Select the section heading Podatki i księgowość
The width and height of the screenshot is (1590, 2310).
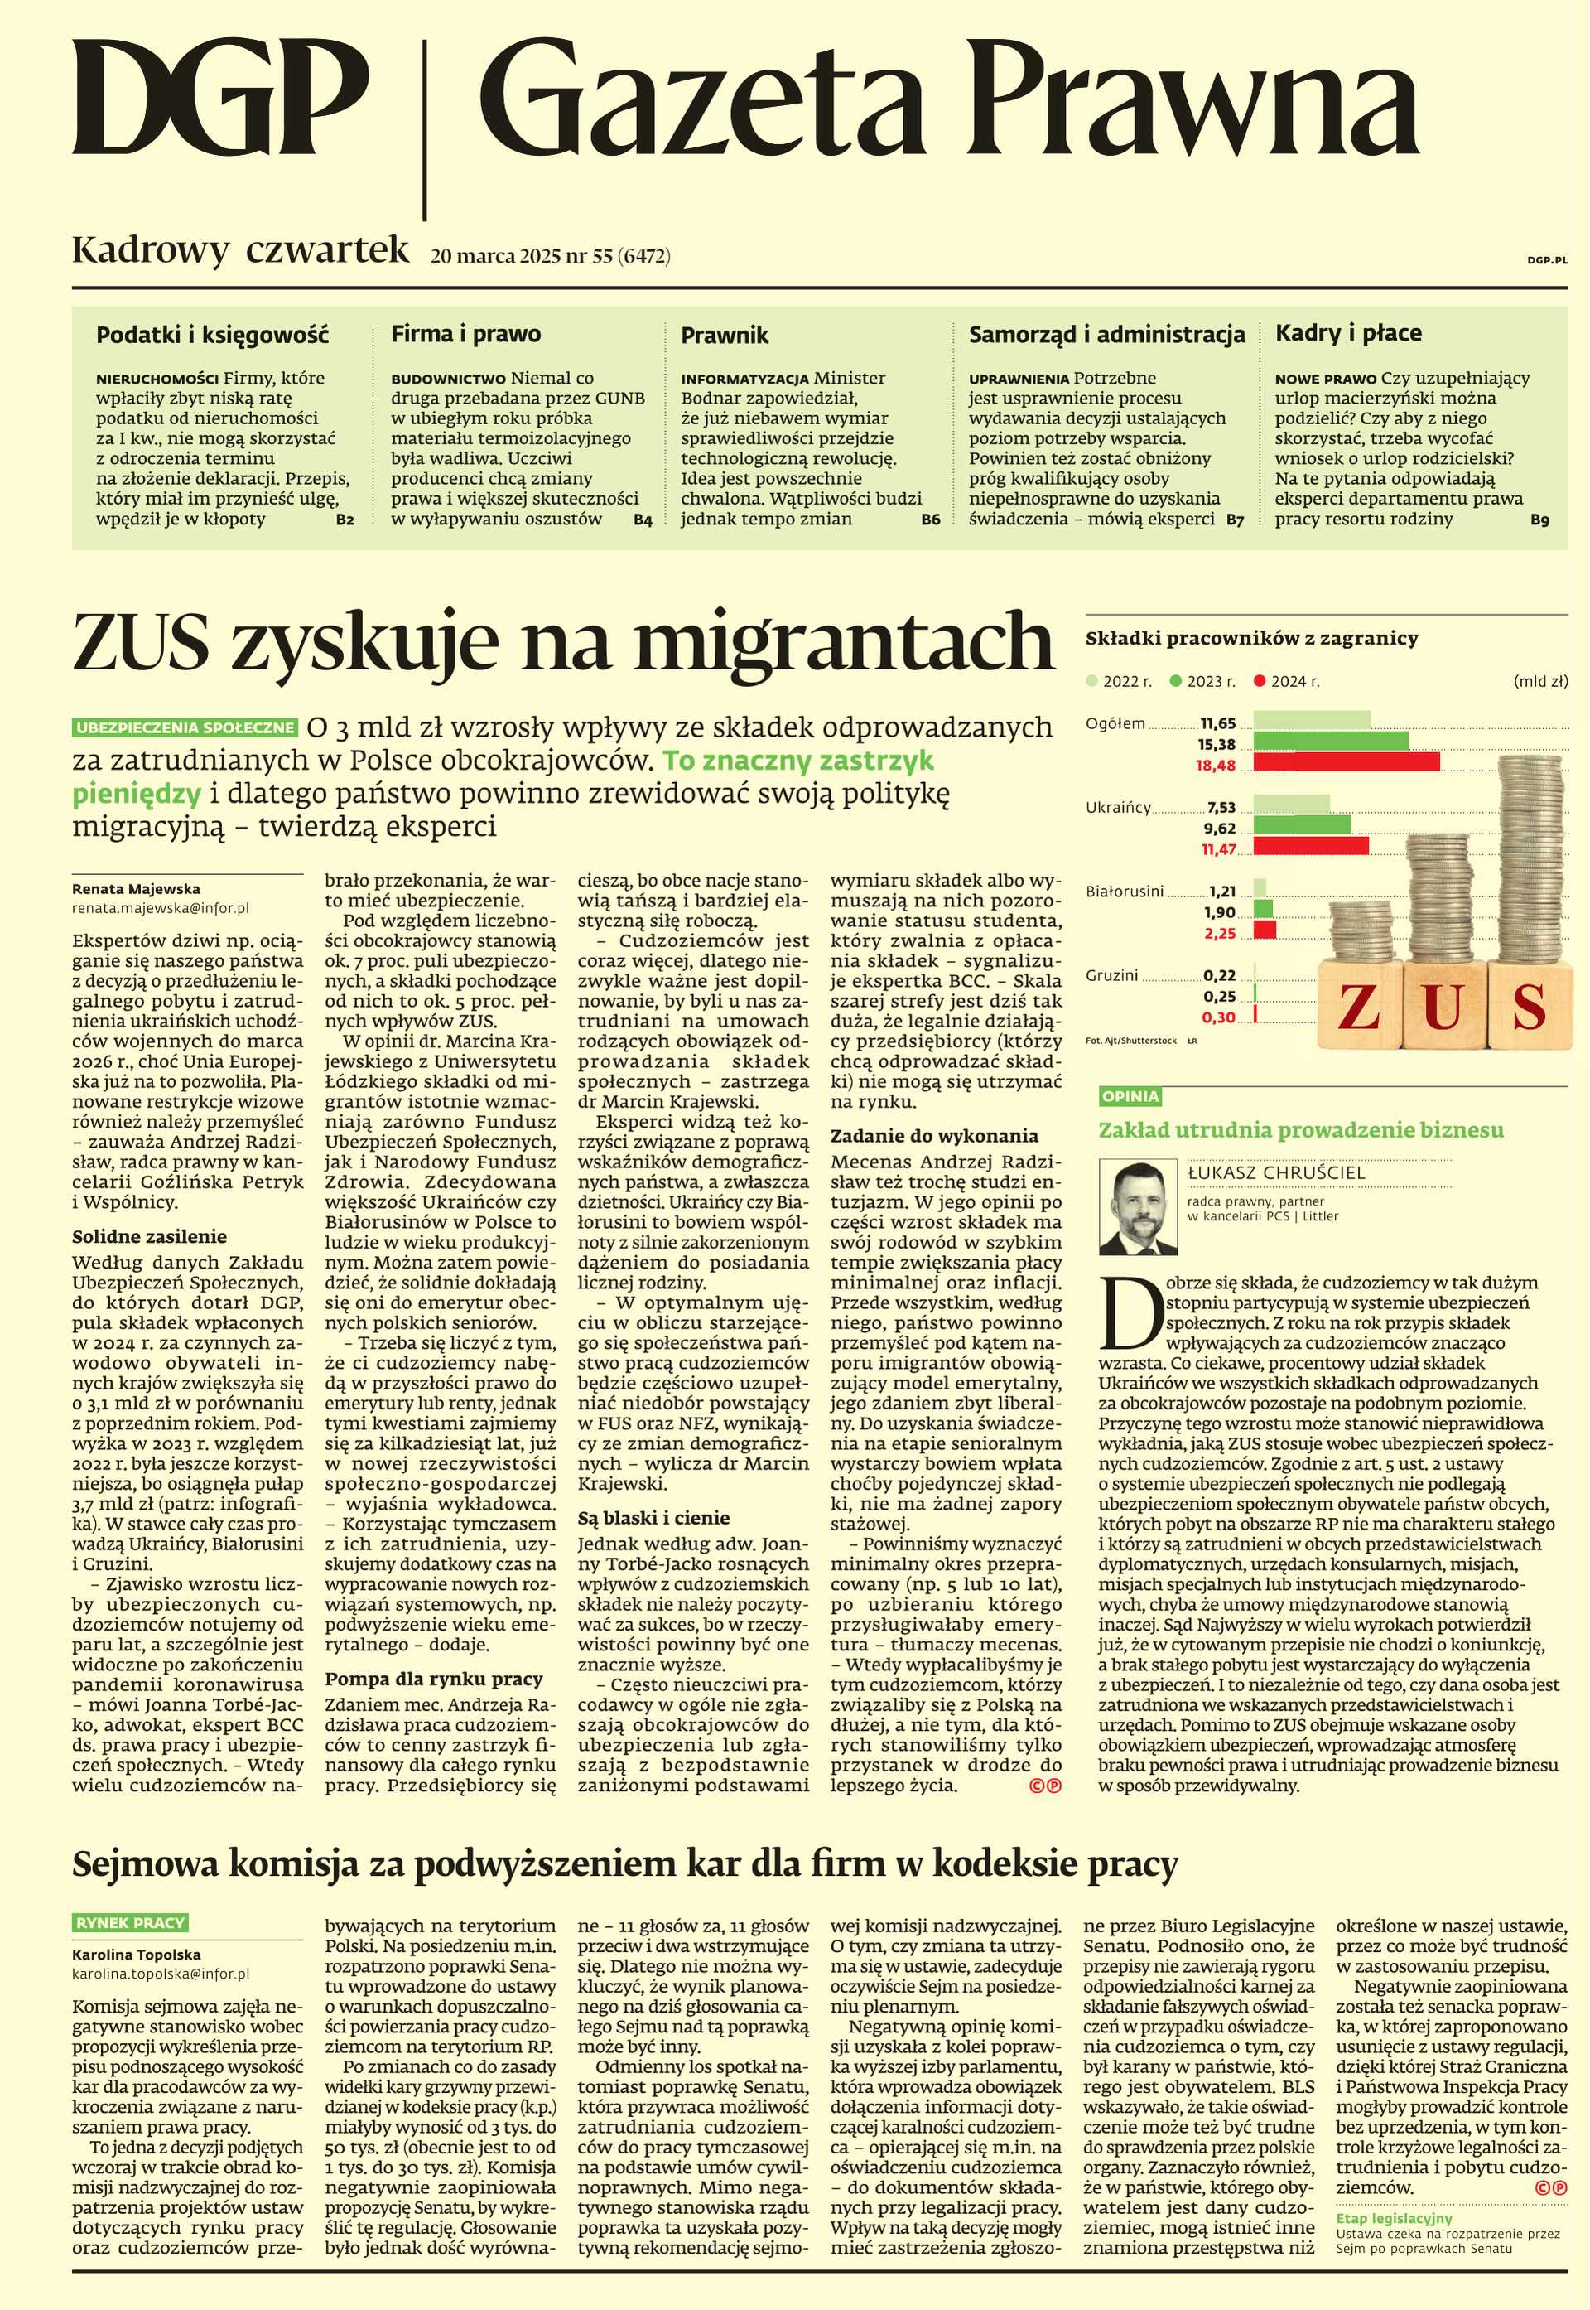point(212,335)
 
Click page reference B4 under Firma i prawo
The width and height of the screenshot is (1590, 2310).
point(643,520)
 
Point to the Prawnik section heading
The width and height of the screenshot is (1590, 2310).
point(725,335)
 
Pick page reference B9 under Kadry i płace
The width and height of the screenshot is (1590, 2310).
point(1539,520)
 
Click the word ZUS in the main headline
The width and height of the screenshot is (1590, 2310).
point(141,642)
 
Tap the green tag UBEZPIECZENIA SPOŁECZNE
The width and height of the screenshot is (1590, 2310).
point(185,727)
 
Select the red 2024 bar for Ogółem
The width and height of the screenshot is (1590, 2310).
point(1345,762)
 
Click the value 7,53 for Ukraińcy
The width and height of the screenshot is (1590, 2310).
point(1221,807)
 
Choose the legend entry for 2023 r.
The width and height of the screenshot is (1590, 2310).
point(1202,682)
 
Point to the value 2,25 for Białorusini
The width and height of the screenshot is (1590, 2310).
point(1219,934)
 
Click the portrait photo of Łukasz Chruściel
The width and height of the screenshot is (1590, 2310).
point(1137,1208)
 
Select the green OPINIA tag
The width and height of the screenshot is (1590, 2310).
point(1130,1096)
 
